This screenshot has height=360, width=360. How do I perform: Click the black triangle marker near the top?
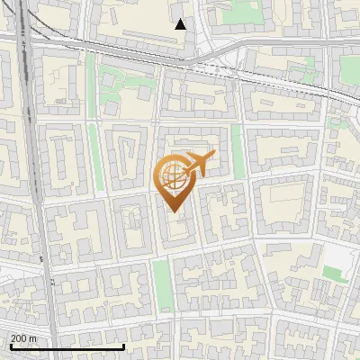pyautogui.click(x=181, y=24)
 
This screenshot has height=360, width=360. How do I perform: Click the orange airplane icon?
pyautogui.click(x=199, y=164)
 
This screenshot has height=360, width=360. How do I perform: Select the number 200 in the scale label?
pyautogui.click(x=20, y=338)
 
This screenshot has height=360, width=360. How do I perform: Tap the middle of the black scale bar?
pyautogui.click(x=67, y=346)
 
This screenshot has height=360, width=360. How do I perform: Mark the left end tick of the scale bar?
pyautogui.click(x=10, y=346)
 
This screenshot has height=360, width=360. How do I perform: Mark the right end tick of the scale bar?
pyautogui.click(x=123, y=346)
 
